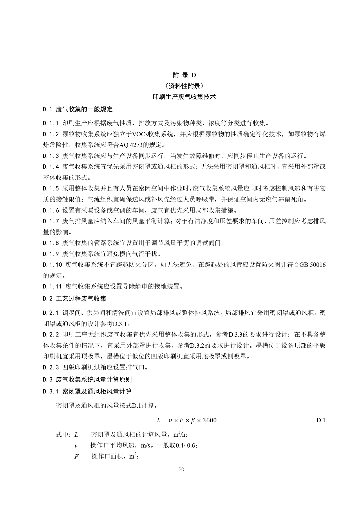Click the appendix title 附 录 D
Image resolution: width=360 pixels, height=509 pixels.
pyautogui.click(x=184, y=75)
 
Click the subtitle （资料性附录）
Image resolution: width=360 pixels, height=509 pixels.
pyautogui.click(x=184, y=86)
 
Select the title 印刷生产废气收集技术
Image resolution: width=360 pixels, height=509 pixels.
pyautogui.click(x=184, y=97)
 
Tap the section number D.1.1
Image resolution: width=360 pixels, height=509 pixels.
pyautogui.click(x=51, y=123)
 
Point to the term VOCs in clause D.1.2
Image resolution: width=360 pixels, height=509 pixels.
pyautogui.click(x=140, y=134)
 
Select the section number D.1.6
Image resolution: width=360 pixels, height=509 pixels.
pyautogui.click(x=51, y=210)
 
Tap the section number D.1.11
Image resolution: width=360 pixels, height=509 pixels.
pyautogui.click(x=53, y=287)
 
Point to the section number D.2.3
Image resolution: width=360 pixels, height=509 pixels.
pyautogui.click(x=51, y=367)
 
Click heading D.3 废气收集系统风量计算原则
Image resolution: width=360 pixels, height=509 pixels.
pyautogui.click(x=87, y=380)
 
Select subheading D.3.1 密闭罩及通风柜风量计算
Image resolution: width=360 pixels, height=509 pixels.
pyautogui.click(x=87, y=392)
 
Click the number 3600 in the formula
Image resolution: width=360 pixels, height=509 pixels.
pyautogui.click(x=209, y=420)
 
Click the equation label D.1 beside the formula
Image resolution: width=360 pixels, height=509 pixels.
pyautogui.click(x=321, y=420)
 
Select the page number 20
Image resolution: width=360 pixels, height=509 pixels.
pyautogui.click(x=181, y=470)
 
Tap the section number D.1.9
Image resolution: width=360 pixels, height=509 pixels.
pyautogui.click(x=51, y=254)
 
